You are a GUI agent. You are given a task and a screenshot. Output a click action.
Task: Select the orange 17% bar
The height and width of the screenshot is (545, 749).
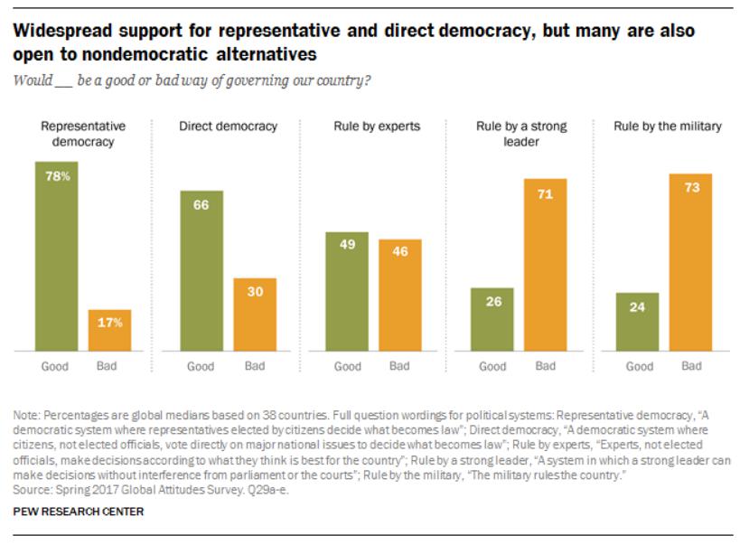tap(109, 330)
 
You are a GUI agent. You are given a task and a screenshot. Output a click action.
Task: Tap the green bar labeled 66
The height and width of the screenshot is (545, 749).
tap(201, 270)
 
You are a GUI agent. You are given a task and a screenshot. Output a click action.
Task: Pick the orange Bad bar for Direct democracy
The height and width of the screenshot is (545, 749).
tap(254, 314)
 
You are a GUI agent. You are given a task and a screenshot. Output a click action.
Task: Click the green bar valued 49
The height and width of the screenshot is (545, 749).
tap(346, 291)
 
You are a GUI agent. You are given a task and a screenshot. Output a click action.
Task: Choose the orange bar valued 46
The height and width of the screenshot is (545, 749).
tap(399, 295)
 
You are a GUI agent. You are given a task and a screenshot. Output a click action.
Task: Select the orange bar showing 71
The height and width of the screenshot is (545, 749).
tap(545, 264)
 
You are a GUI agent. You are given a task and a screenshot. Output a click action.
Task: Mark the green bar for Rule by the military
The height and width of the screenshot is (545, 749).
tap(639, 321)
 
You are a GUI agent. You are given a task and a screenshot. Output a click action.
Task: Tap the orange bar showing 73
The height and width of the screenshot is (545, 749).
tap(691, 261)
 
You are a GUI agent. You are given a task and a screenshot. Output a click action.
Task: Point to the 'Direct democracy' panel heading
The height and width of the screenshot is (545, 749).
tap(228, 127)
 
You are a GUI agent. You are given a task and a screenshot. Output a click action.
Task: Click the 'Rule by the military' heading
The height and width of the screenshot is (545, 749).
tap(667, 127)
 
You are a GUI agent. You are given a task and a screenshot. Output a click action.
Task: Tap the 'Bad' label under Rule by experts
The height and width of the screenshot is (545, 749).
tap(399, 366)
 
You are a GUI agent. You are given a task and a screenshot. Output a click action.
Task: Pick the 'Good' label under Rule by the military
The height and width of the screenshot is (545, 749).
tap(639, 366)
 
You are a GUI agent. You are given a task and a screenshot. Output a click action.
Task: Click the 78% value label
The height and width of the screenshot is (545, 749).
tap(56, 176)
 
